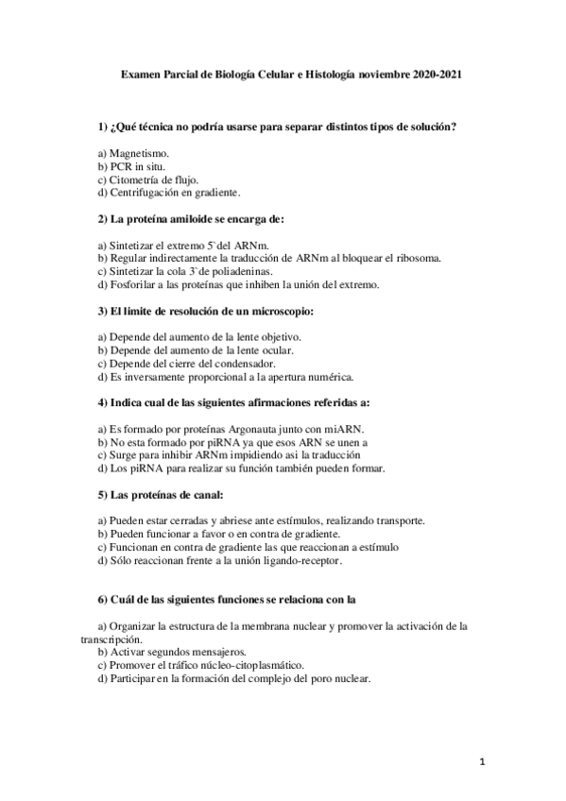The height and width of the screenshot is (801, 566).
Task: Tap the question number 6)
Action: (x=103, y=599)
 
